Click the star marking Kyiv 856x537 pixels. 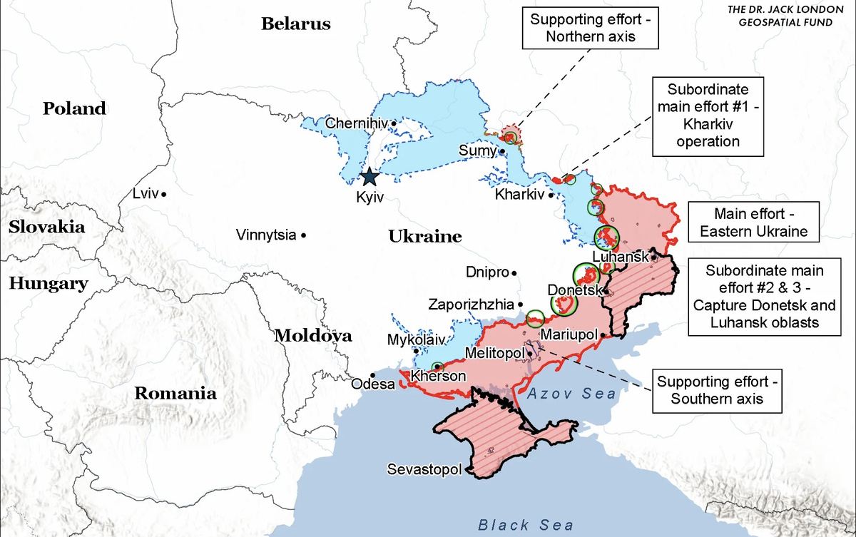pyautogui.click(x=370, y=176)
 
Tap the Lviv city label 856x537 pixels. pyautogui.click(x=146, y=193)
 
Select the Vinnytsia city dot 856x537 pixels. pyautogui.click(x=304, y=235)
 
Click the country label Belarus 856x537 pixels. pyautogui.click(x=296, y=24)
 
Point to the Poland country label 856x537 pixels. pyautogui.click(x=74, y=108)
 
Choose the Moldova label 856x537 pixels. pyautogui.click(x=313, y=335)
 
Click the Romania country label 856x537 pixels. pyautogui.click(x=175, y=392)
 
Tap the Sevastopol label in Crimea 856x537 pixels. pyautogui.click(x=424, y=469)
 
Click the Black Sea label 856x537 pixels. pyautogui.click(x=525, y=526)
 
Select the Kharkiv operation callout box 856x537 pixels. pyautogui.click(x=708, y=116)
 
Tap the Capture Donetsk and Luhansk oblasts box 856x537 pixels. pyautogui.click(x=764, y=297)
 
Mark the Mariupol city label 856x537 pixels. pyautogui.click(x=569, y=334)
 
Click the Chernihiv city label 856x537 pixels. pyautogui.click(x=356, y=123)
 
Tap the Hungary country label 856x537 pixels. pyautogui.click(x=49, y=283)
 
